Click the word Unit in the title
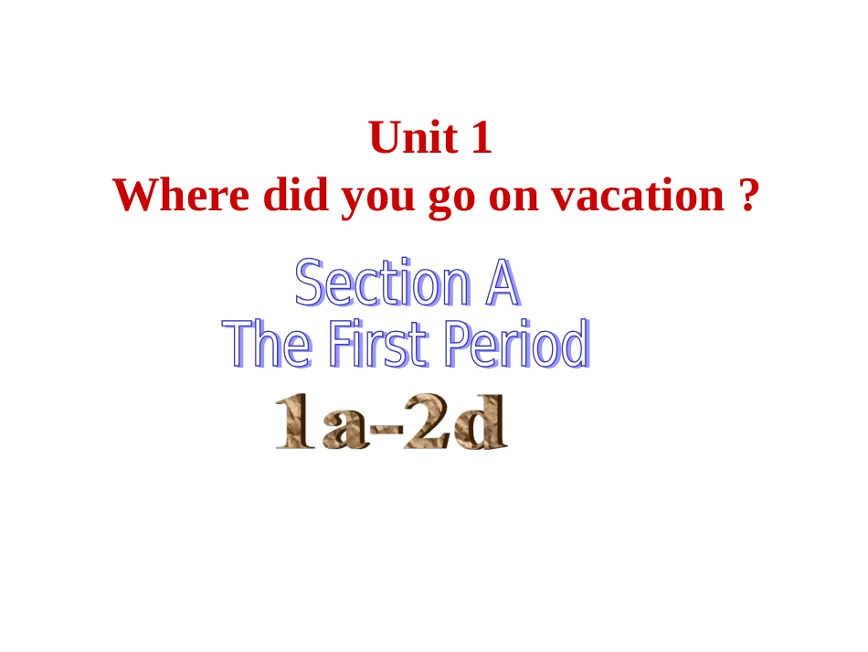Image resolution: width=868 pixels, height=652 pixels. click(x=409, y=139)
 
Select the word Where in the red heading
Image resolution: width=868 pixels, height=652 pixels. click(x=179, y=196)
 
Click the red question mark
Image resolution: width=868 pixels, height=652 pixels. click(x=747, y=196)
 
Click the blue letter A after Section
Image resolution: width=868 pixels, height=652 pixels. click(x=502, y=284)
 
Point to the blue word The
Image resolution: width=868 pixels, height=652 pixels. click(x=269, y=345)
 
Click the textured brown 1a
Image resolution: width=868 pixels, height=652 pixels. click(x=319, y=422)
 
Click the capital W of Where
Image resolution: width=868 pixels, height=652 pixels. click(x=132, y=196)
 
